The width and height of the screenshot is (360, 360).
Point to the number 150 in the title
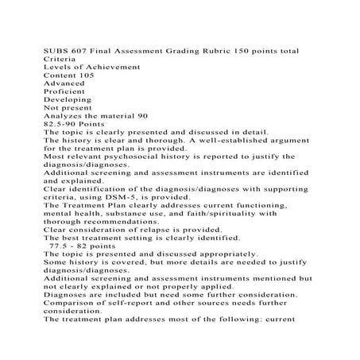click(x=242, y=51)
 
